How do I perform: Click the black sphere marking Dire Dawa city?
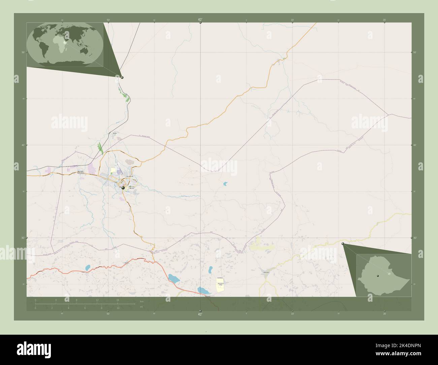click(123, 188)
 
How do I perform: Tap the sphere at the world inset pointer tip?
click(122, 77)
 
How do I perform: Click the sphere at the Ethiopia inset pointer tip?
click(343, 243)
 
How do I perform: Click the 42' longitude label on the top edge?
click(200, 20)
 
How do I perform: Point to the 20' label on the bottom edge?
click(384, 313)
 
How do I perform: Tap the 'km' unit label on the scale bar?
click(142, 301)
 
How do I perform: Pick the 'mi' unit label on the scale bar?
click(142, 307)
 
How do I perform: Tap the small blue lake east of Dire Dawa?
click(225, 184)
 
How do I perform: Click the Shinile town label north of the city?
click(115, 133)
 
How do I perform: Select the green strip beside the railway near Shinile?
click(100, 148)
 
